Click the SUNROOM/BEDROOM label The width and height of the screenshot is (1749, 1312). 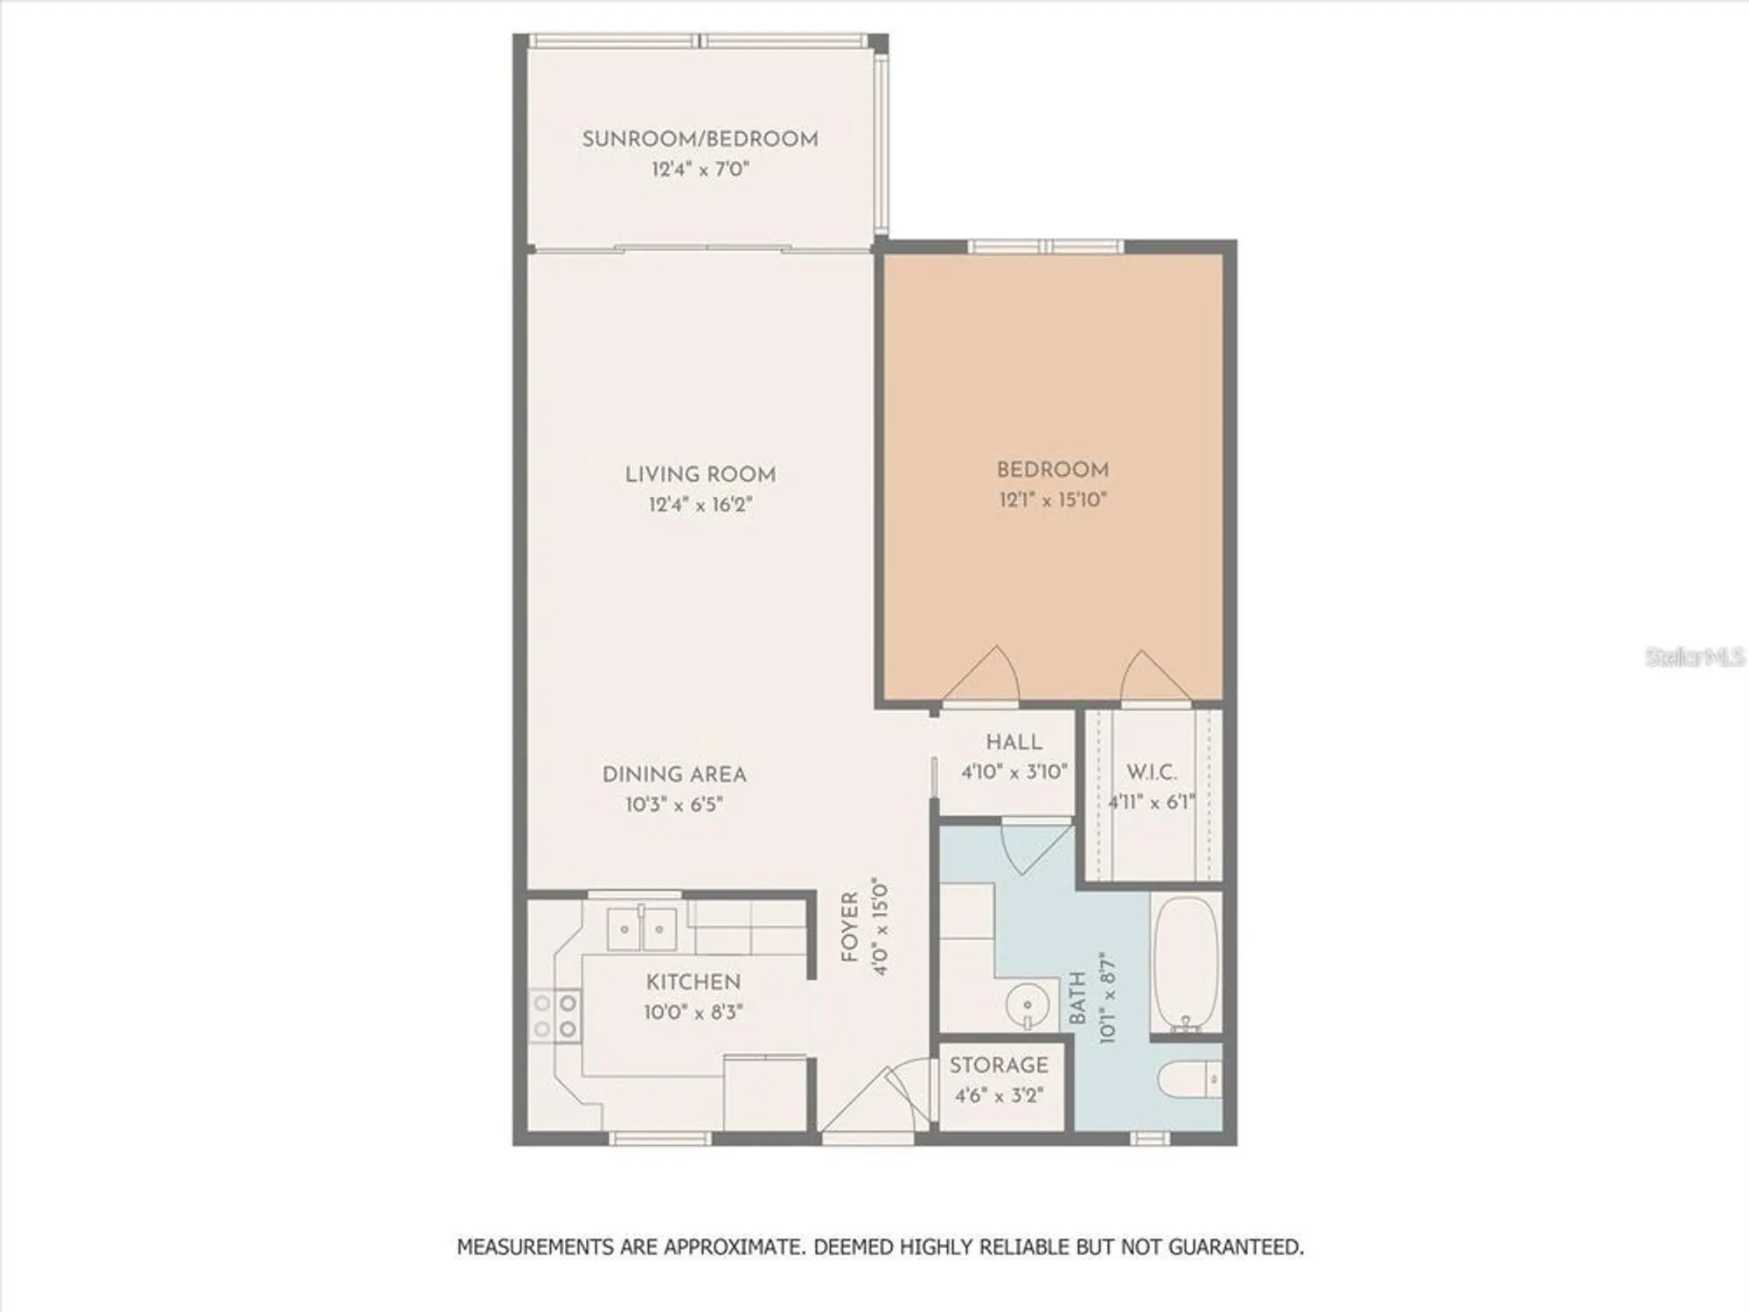point(700,139)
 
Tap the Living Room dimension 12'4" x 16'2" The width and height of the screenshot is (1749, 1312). point(700,505)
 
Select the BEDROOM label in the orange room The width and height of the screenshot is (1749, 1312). point(1052,470)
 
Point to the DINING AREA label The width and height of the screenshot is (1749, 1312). point(674,774)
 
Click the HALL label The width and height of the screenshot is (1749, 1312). point(1014,742)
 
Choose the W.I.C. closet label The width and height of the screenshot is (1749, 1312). point(1151,772)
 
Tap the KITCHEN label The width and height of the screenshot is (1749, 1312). point(693,981)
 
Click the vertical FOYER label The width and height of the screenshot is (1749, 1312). point(850,927)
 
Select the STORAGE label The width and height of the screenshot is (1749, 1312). point(999,1064)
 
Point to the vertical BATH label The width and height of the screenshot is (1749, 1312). point(1078,997)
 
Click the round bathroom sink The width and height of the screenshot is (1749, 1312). point(1028,1006)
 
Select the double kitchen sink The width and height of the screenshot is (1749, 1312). point(642,929)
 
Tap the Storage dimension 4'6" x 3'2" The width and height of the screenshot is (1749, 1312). point(999,1095)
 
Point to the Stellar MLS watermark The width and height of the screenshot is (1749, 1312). point(1694,657)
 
